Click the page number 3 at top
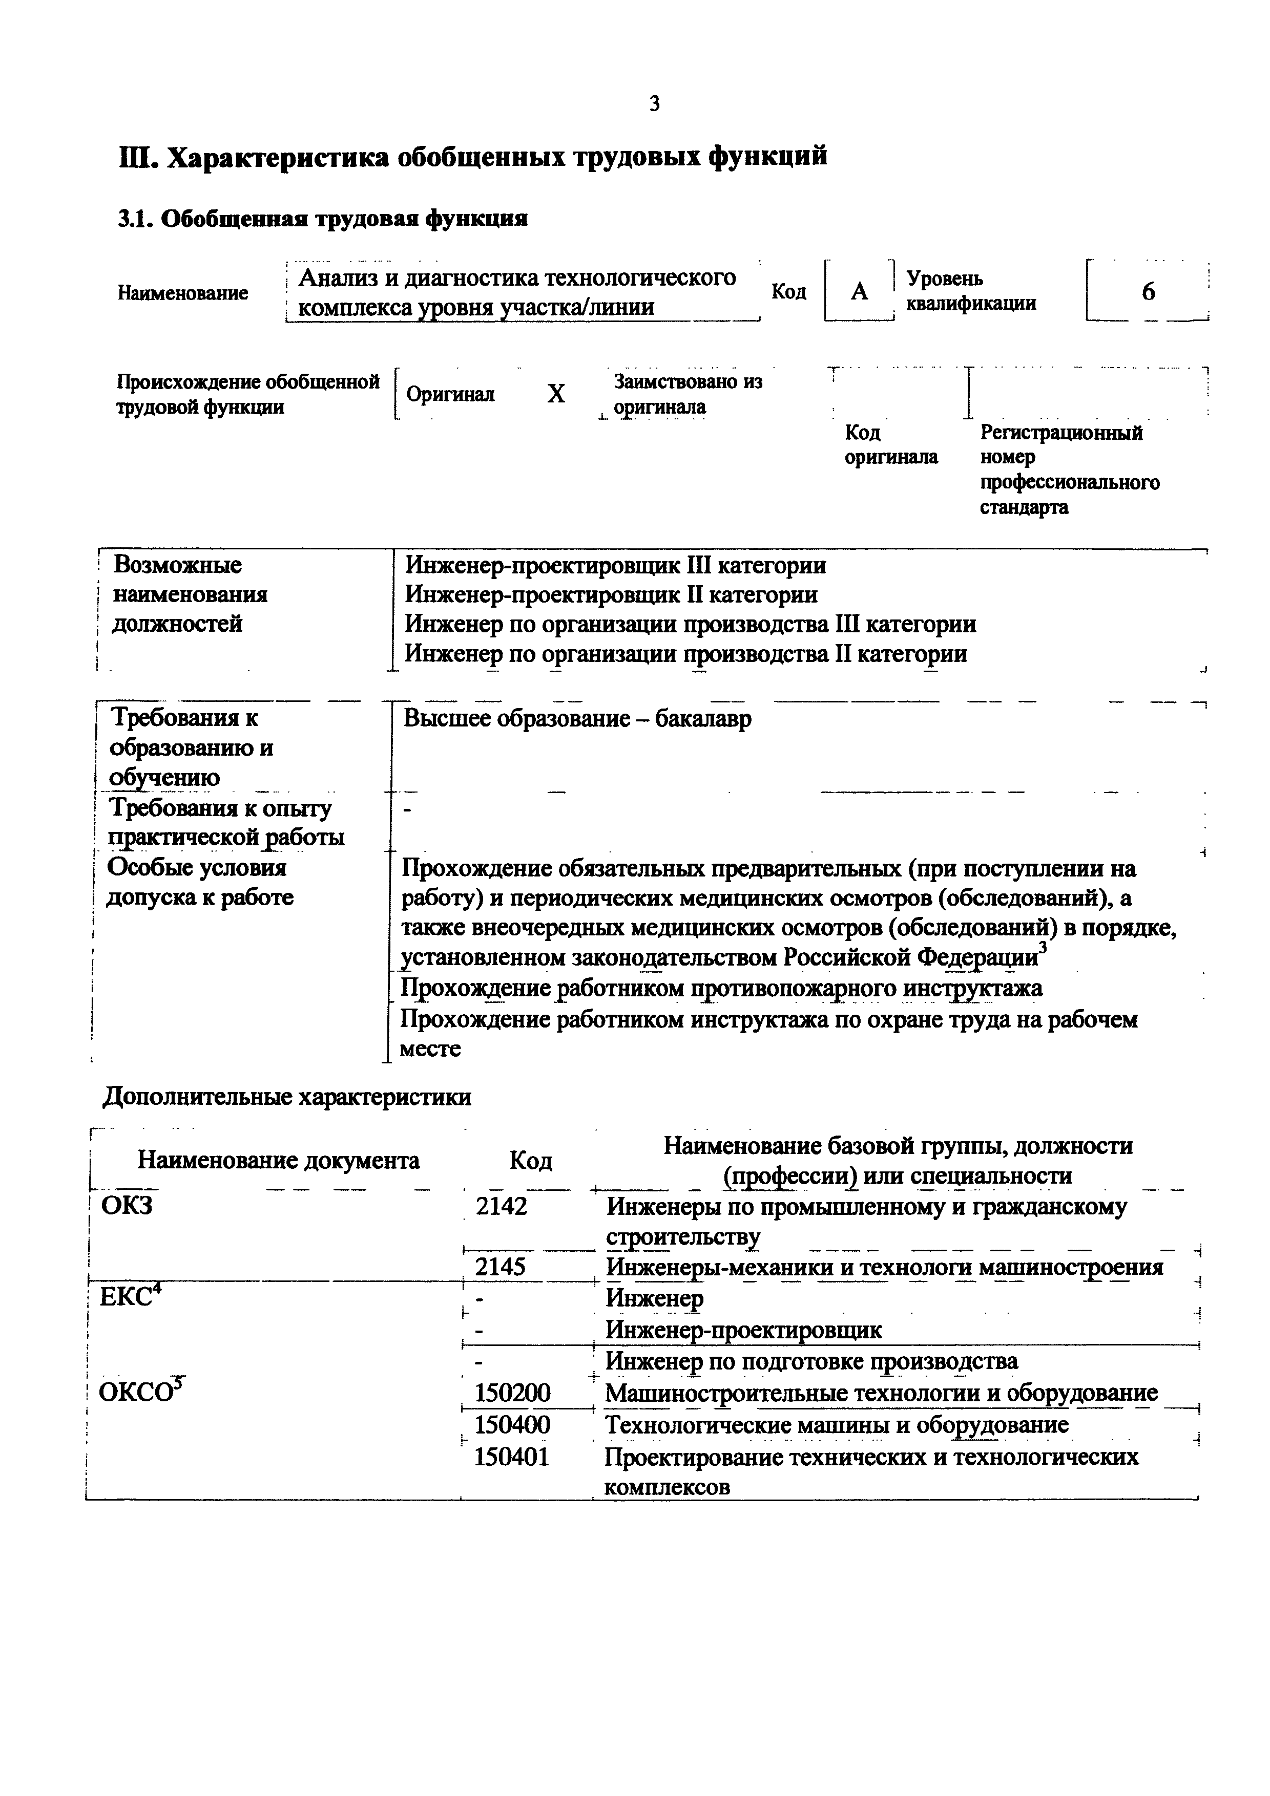coord(654,103)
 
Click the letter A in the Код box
coord(859,292)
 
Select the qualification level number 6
coord(1148,292)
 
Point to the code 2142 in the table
coord(502,1207)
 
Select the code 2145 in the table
coord(501,1267)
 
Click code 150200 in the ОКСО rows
coord(512,1393)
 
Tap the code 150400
coord(512,1424)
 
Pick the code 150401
coord(512,1457)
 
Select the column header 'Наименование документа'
coord(279,1160)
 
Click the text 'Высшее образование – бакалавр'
coord(577,718)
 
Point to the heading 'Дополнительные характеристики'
coord(287,1097)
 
